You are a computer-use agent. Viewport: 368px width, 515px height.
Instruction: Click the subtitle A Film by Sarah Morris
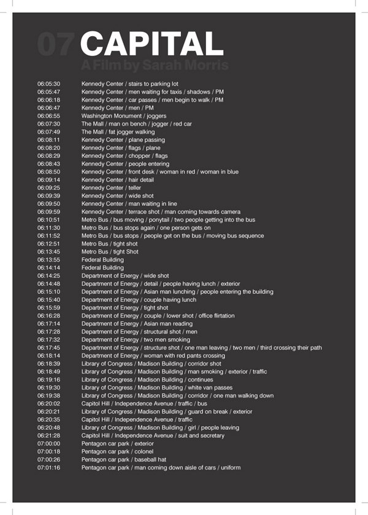[x=155, y=65]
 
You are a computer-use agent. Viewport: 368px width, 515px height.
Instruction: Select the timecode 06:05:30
[x=48, y=84]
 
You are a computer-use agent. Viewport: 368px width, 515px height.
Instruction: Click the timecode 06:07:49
[x=48, y=132]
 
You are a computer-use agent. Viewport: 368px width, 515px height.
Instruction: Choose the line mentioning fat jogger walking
[x=118, y=132]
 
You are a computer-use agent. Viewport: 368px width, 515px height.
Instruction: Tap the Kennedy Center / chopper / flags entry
[x=125, y=156]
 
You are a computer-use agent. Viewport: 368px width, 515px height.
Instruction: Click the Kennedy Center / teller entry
[x=111, y=187]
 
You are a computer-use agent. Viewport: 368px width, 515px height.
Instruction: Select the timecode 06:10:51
[x=48, y=220]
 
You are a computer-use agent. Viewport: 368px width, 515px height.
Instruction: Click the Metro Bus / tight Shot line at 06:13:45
[x=110, y=252]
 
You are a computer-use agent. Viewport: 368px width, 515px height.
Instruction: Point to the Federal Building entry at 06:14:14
[x=102, y=268]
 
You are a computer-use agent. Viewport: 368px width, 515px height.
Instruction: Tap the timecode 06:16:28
[x=48, y=316]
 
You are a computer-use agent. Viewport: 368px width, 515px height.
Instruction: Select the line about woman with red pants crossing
[x=153, y=356]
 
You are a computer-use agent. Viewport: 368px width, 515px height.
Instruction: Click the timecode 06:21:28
[x=48, y=435]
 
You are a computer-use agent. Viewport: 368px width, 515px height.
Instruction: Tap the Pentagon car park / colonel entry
[x=115, y=451]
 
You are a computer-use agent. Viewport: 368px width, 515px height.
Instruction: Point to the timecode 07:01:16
[x=48, y=468]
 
